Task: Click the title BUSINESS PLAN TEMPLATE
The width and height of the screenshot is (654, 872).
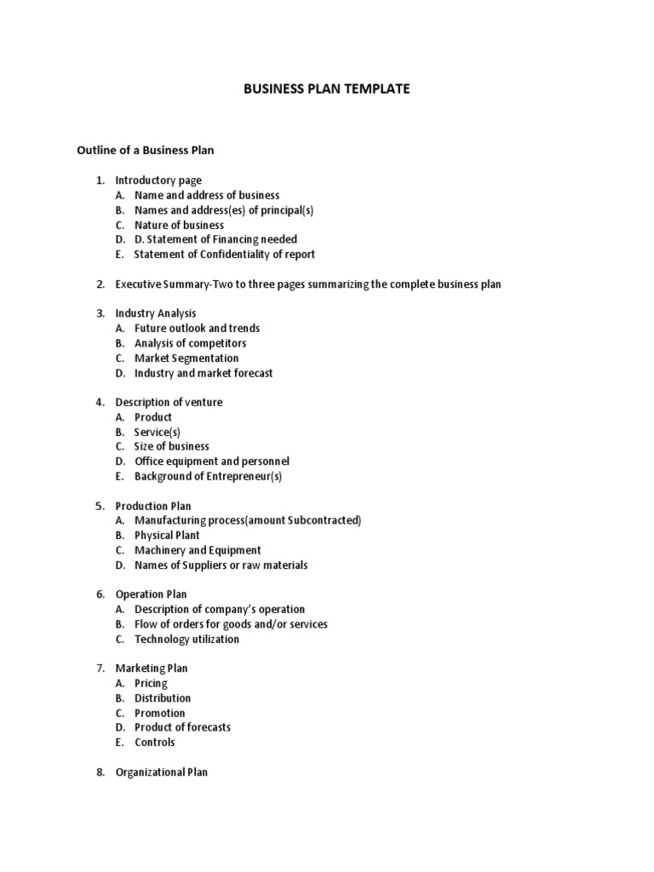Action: tap(328, 89)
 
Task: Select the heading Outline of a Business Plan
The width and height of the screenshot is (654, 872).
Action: tap(146, 151)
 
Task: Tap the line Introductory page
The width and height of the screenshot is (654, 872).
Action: tap(158, 181)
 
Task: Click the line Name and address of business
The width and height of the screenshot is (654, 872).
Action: tap(207, 195)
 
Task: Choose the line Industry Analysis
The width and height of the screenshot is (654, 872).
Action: tap(156, 313)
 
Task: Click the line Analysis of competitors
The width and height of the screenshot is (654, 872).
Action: tap(190, 343)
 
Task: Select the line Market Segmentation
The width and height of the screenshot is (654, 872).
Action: tap(186, 358)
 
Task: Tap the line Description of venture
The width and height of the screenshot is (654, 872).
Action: tap(169, 402)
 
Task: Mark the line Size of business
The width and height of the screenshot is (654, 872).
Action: tap(171, 446)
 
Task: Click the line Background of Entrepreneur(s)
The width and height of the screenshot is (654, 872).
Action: tap(208, 476)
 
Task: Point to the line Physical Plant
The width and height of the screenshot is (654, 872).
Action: tap(167, 535)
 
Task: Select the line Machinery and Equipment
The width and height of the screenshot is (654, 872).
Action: tap(198, 550)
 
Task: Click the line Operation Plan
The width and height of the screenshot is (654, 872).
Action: tap(151, 594)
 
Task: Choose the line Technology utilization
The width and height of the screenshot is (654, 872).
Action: tap(186, 639)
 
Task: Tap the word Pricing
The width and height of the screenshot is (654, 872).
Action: tap(151, 683)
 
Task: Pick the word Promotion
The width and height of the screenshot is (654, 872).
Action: tap(159, 713)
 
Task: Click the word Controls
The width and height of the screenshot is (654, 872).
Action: tap(154, 742)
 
